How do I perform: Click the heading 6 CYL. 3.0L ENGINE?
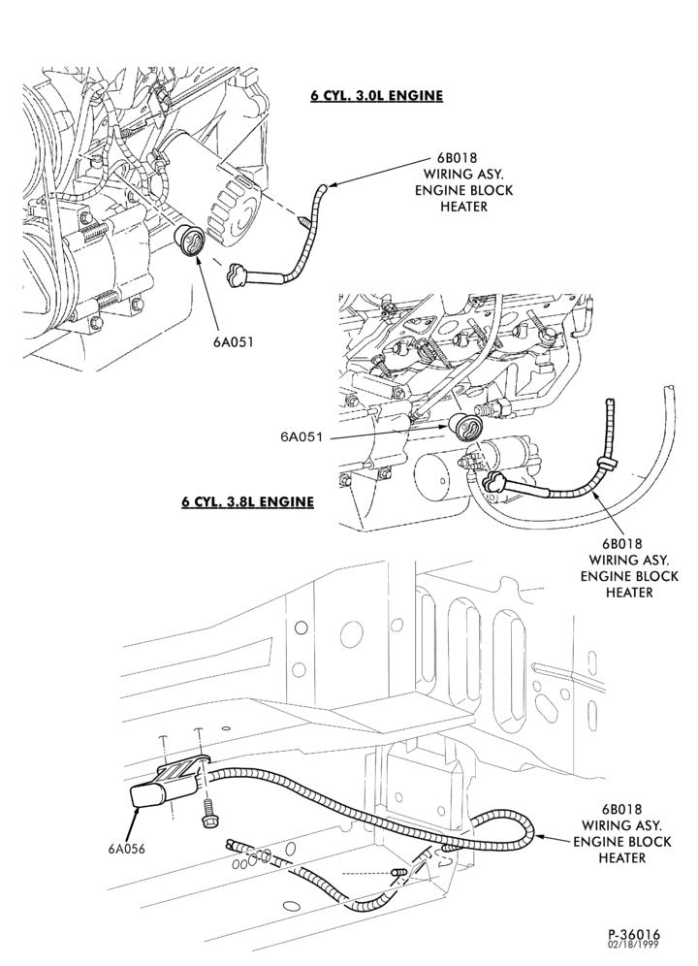tap(376, 96)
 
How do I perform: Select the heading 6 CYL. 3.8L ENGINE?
tap(247, 502)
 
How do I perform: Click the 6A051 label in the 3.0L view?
tap(234, 342)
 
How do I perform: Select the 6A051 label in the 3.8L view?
tap(301, 436)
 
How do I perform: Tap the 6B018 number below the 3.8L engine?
tap(621, 544)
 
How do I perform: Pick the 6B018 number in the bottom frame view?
tap(622, 809)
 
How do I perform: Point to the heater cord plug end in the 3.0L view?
tap(238, 274)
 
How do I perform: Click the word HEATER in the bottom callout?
tap(622, 857)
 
